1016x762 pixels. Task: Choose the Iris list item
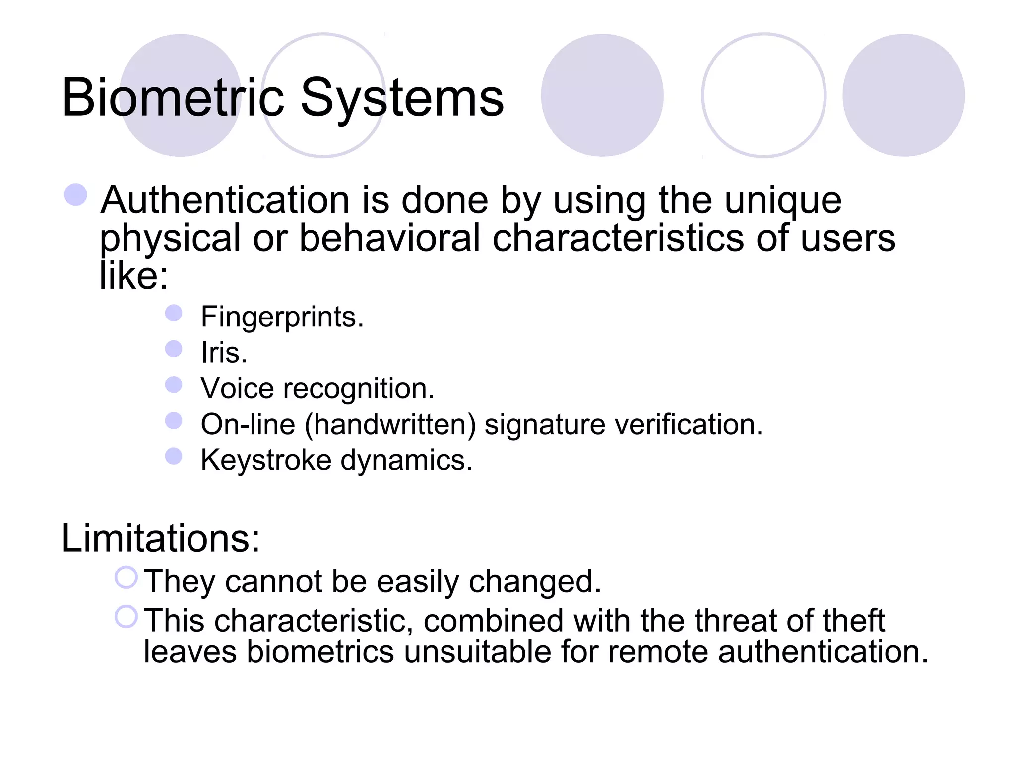223,353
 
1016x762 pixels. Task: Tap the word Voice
237,388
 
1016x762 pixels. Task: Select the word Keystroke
266,460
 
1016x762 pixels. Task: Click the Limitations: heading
160,538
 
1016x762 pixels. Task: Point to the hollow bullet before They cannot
126,577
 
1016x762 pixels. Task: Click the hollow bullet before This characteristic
126,617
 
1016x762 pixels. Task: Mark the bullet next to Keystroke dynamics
174,456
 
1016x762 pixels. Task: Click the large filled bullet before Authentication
76,194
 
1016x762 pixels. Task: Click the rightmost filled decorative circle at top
903,95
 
